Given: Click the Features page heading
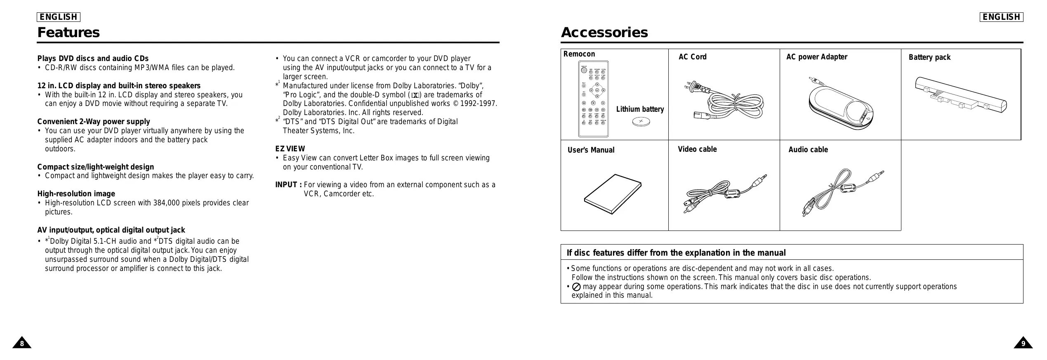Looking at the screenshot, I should [x=68, y=32].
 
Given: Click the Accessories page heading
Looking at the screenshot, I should [x=604, y=32].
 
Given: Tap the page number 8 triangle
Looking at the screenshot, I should [x=22, y=343].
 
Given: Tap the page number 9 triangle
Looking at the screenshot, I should [x=1023, y=343].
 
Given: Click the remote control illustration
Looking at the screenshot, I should [x=594, y=99].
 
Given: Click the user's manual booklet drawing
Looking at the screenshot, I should [x=613, y=194].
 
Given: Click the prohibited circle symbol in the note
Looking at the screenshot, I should [x=577, y=287].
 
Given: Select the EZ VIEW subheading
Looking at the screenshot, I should [x=290, y=149].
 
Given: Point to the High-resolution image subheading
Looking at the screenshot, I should [x=76, y=194].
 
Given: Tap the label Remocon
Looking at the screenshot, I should [x=579, y=54].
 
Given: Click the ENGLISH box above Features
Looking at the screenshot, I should [x=59, y=17].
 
